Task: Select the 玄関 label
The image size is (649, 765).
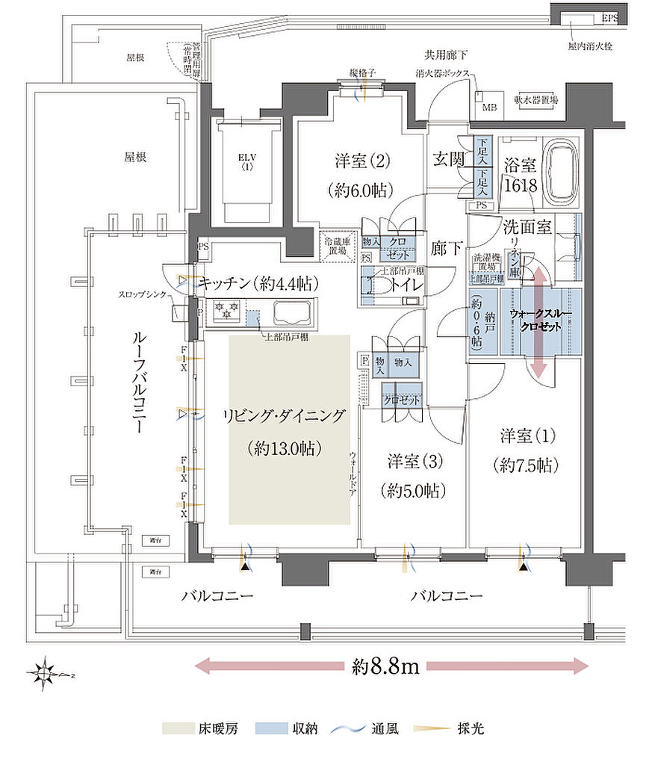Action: [450, 159]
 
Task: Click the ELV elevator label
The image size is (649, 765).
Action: [246, 161]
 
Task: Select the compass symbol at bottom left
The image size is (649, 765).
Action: [46, 674]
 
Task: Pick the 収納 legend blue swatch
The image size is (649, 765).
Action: [270, 728]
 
